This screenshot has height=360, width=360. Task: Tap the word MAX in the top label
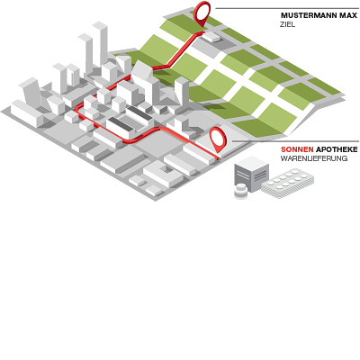[349, 15]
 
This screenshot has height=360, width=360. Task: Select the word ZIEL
[288, 24]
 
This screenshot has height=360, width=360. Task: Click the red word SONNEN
[297, 149]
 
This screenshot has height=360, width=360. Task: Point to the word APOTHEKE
[337, 149]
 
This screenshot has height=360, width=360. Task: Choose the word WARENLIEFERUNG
[314, 158]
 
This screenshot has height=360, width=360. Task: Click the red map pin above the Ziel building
[202, 15]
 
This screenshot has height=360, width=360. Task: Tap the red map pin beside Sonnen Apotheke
[218, 139]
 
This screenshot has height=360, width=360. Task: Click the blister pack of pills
[287, 183]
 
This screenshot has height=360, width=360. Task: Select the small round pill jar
[241, 192]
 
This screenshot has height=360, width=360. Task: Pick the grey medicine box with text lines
[251, 174]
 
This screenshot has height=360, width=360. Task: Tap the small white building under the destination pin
[212, 36]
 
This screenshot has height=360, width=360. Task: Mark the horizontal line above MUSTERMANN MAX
[287, 8]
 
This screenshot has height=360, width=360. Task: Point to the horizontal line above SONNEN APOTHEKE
[295, 141]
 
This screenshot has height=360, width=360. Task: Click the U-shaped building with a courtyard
[164, 174]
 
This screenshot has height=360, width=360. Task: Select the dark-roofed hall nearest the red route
[121, 127]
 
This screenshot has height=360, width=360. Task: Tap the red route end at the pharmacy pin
[218, 157]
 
